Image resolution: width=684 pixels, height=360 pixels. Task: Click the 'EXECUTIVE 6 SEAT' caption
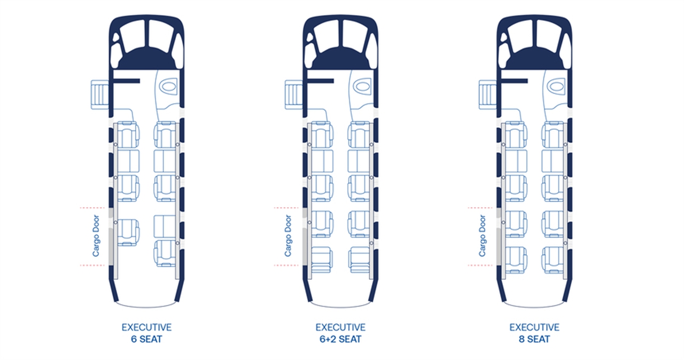coord(146,333)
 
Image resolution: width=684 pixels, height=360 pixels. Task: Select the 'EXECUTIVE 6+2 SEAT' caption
coord(340,333)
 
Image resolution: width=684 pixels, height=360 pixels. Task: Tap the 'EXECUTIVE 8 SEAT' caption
coord(534,333)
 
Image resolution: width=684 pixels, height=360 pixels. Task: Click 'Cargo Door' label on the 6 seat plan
coord(96,236)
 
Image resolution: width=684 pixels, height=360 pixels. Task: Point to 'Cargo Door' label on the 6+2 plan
coord(288,236)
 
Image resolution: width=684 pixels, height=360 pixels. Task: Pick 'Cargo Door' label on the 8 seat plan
coord(482,236)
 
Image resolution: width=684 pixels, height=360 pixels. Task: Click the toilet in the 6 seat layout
coord(168,86)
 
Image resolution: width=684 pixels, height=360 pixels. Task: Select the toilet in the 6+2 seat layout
coord(362,86)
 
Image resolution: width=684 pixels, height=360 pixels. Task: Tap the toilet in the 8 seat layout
coord(556,86)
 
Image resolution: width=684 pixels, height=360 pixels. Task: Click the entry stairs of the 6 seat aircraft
coord(100,95)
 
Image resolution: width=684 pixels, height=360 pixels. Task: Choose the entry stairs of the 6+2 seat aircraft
coord(294,95)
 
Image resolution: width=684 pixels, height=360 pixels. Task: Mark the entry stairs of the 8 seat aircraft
coord(488,95)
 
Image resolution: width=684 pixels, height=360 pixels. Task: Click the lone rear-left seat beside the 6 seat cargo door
coord(128,232)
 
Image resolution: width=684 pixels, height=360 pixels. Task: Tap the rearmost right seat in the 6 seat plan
coord(165,253)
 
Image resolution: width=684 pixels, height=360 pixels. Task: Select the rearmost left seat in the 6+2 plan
coord(322,260)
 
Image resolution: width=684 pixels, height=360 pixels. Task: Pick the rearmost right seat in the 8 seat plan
coord(553,260)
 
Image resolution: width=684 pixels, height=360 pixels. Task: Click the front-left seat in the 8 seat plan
coord(516,135)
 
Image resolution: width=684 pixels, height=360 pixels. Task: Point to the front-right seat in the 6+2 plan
coord(359,135)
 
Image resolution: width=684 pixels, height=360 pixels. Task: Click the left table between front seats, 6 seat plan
coord(128,161)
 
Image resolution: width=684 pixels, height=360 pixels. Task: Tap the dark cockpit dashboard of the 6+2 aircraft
coord(340,59)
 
